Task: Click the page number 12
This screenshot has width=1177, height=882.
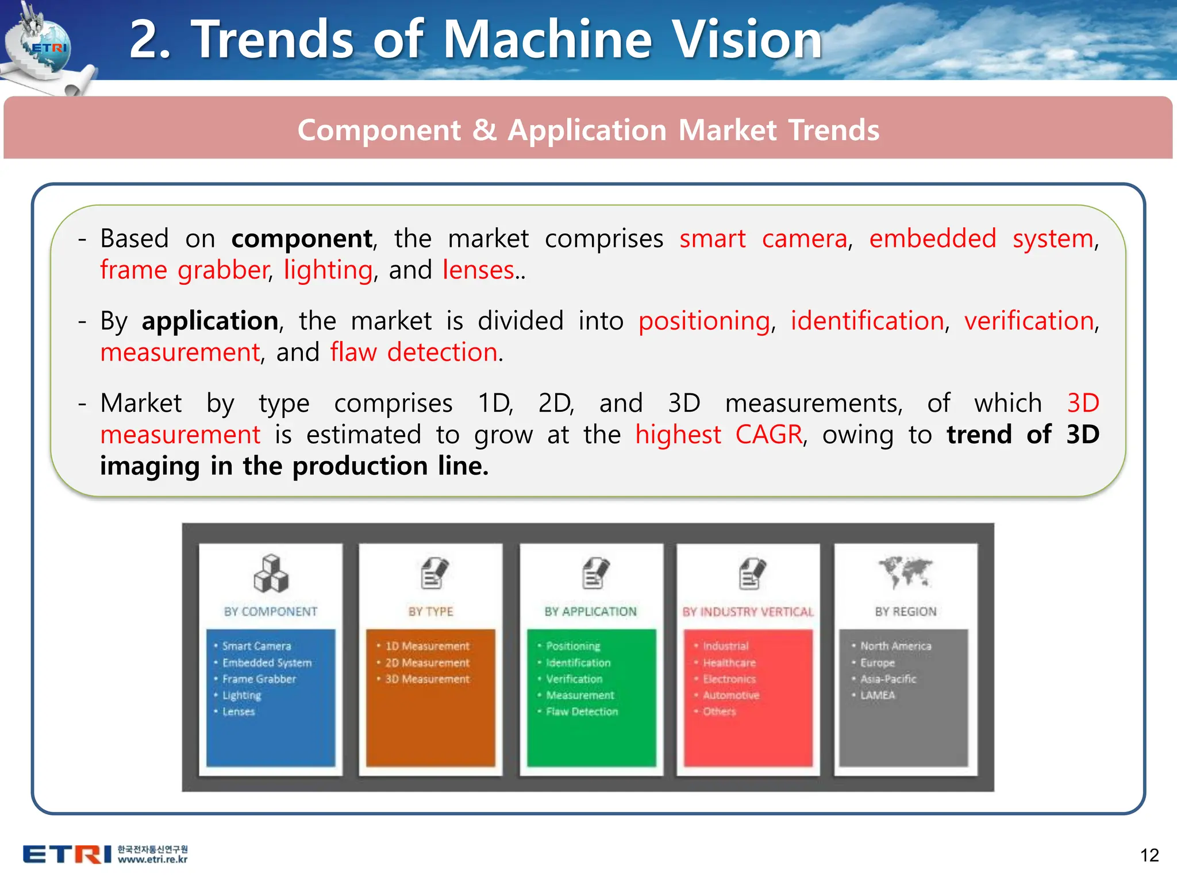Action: (1149, 855)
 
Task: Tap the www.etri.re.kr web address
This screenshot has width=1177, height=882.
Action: (152, 860)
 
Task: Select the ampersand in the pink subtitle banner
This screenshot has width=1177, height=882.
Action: (484, 130)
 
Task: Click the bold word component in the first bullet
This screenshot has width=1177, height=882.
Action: (302, 238)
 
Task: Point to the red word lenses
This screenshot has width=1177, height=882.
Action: (478, 270)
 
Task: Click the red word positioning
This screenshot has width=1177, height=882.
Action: (704, 320)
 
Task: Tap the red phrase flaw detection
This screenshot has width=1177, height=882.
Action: (414, 352)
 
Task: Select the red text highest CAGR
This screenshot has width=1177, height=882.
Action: (718, 435)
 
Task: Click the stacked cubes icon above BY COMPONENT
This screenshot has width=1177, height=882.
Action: (271, 573)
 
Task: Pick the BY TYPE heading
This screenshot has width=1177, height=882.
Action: (430, 612)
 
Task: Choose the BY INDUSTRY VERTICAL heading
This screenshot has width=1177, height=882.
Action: (748, 612)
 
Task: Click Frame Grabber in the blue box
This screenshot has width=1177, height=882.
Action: (259, 679)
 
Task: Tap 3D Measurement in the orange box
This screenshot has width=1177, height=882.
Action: (427, 679)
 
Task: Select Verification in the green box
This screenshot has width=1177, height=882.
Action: (574, 679)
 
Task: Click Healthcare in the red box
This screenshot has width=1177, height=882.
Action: (729, 663)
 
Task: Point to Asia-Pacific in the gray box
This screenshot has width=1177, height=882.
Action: (888, 679)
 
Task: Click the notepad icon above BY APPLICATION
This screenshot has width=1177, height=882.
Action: (594, 572)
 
